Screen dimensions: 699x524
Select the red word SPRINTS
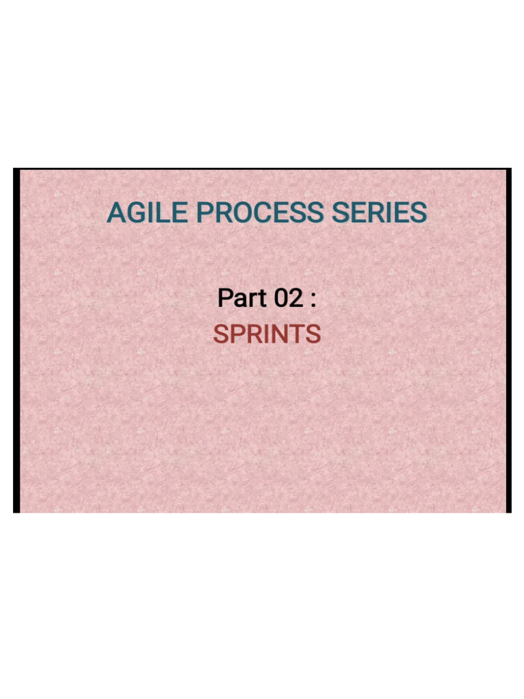click(x=267, y=334)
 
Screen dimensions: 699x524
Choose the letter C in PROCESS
click(x=263, y=213)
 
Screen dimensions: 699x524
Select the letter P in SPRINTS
click(x=239, y=334)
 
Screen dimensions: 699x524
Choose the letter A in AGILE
click(x=117, y=213)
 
